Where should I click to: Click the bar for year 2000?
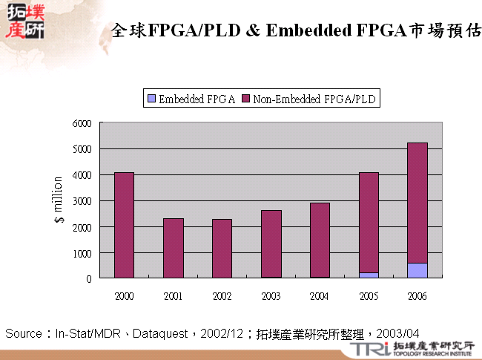coord(124,225)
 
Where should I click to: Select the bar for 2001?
coord(173,248)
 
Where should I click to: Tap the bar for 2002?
coord(222,249)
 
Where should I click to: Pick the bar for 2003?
coord(271,243)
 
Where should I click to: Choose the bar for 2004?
coord(320,240)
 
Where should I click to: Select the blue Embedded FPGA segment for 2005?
coord(369,275)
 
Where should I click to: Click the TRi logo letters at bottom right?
coord(369,348)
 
